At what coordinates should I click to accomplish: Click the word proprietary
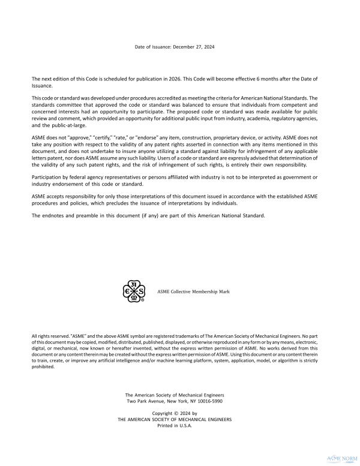(232, 138)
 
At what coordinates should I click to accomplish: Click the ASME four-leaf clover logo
(133, 291)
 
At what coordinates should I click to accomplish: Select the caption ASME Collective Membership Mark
(193, 291)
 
